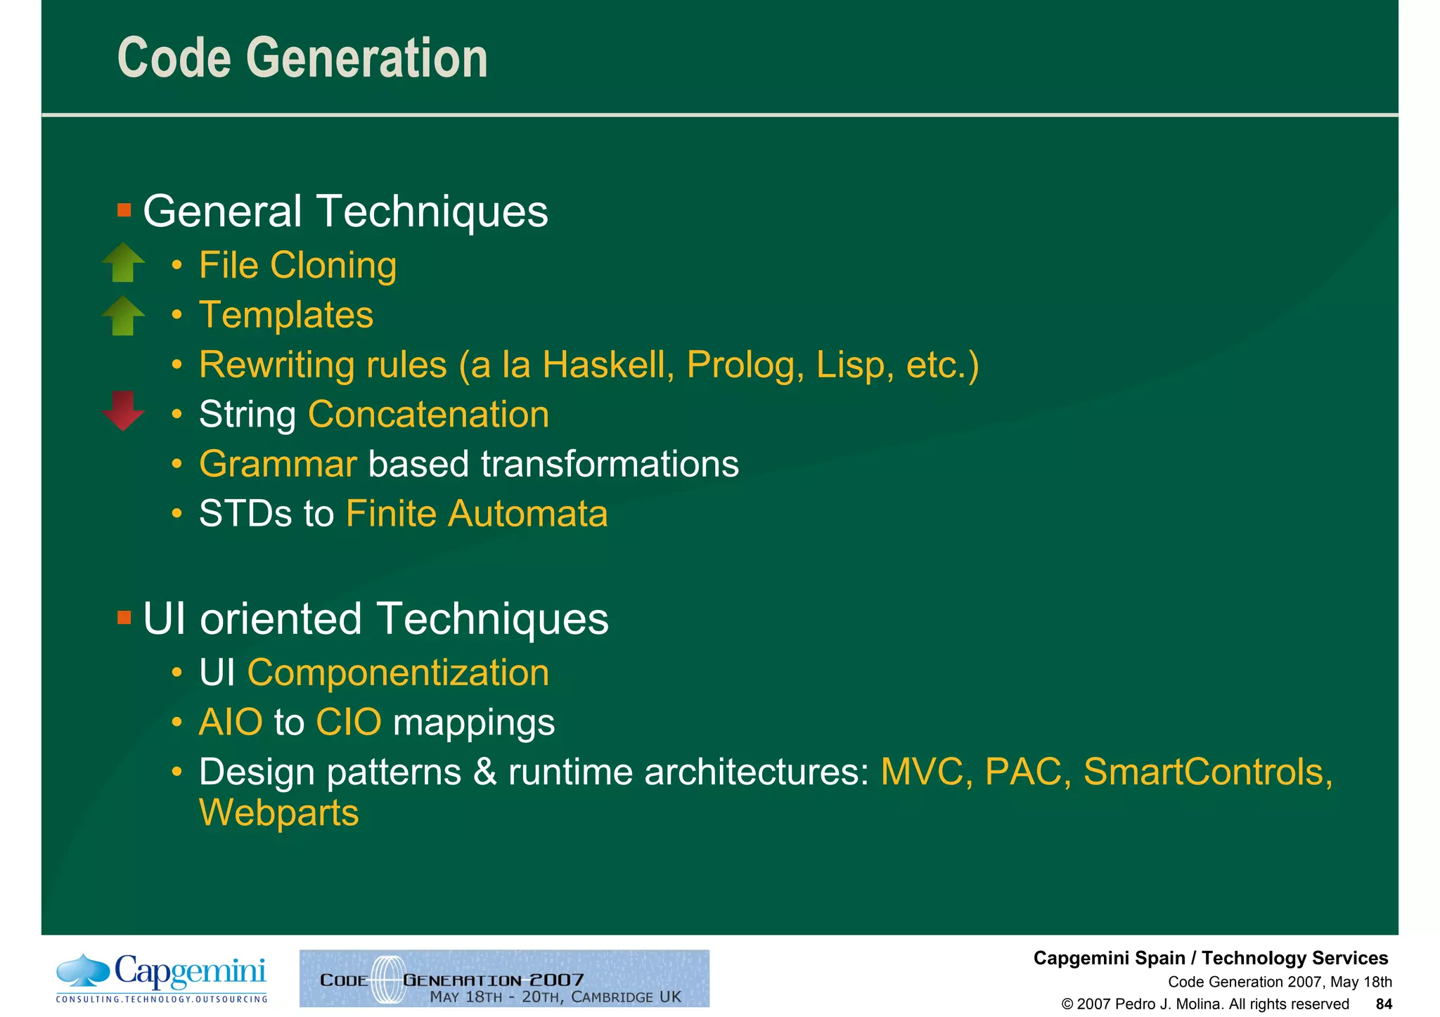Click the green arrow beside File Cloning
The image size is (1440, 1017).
point(123,262)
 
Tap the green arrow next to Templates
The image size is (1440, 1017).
point(123,316)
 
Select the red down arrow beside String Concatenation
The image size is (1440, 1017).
point(123,410)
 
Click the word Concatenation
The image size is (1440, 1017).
point(428,414)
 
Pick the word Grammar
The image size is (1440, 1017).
point(278,464)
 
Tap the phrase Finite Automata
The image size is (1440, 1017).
point(477,514)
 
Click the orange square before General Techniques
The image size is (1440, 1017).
point(124,210)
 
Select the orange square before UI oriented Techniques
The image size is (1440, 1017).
point(124,618)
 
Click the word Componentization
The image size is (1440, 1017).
point(398,673)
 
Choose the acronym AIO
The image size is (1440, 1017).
point(231,723)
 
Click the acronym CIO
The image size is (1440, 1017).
point(349,723)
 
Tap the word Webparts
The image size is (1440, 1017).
point(279,813)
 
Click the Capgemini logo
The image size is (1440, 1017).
point(162,978)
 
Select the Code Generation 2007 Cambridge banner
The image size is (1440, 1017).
point(504,978)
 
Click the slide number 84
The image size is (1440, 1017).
point(1383,1004)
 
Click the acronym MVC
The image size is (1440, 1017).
point(926,772)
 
